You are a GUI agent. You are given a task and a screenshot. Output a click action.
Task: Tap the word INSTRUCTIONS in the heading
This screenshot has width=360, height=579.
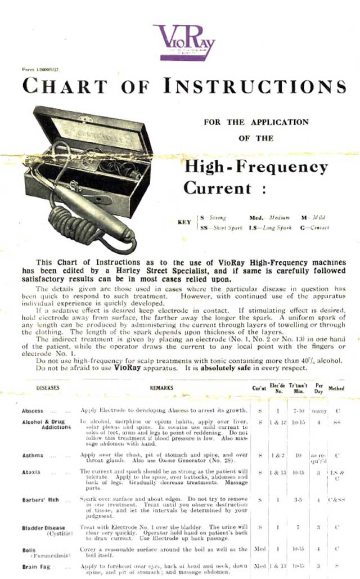tap(255, 86)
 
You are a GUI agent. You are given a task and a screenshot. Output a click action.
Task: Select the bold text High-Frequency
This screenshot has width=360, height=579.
tap(256, 167)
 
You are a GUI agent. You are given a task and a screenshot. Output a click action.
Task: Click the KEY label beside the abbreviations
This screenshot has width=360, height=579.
tap(184, 222)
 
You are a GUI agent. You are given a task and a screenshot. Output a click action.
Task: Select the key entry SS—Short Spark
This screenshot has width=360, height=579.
tap(219, 227)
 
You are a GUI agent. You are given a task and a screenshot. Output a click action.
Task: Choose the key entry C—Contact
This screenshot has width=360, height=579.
tap(315, 227)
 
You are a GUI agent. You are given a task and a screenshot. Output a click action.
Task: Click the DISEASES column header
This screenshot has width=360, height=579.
tap(48, 388)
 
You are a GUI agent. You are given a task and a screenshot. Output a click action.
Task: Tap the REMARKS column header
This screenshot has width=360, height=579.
tap(161, 388)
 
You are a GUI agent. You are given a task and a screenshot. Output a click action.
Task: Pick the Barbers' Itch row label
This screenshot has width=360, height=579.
tap(41, 500)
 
